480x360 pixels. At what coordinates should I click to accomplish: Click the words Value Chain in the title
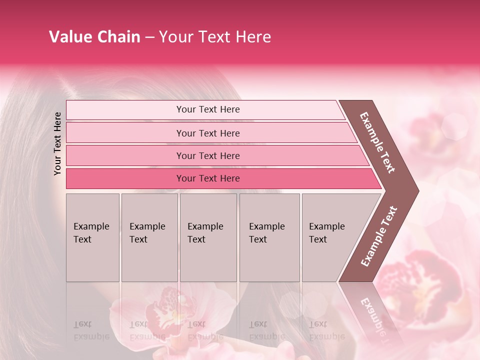click(x=94, y=37)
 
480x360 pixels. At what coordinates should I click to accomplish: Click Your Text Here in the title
click(x=215, y=37)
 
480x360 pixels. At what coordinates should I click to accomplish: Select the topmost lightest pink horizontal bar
click(x=207, y=109)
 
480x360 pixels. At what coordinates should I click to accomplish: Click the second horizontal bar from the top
click(x=207, y=133)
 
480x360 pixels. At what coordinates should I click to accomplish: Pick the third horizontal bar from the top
click(x=207, y=155)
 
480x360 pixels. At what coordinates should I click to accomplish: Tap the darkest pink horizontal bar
click(x=207, y=178)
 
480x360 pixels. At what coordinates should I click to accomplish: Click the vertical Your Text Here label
click(x=58, y=143)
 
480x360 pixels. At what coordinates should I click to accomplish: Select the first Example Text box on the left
click(x=92, y=237)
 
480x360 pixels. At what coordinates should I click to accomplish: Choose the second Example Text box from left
click(x=149, y=237)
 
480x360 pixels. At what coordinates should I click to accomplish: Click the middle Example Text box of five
click(x=208, y=237)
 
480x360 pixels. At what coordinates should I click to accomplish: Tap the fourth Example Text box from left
click(x=269, y=237)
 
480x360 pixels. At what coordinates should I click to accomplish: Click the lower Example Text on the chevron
click(x=379, y=236)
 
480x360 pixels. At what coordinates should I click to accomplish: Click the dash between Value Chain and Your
click(x=149, y=37)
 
